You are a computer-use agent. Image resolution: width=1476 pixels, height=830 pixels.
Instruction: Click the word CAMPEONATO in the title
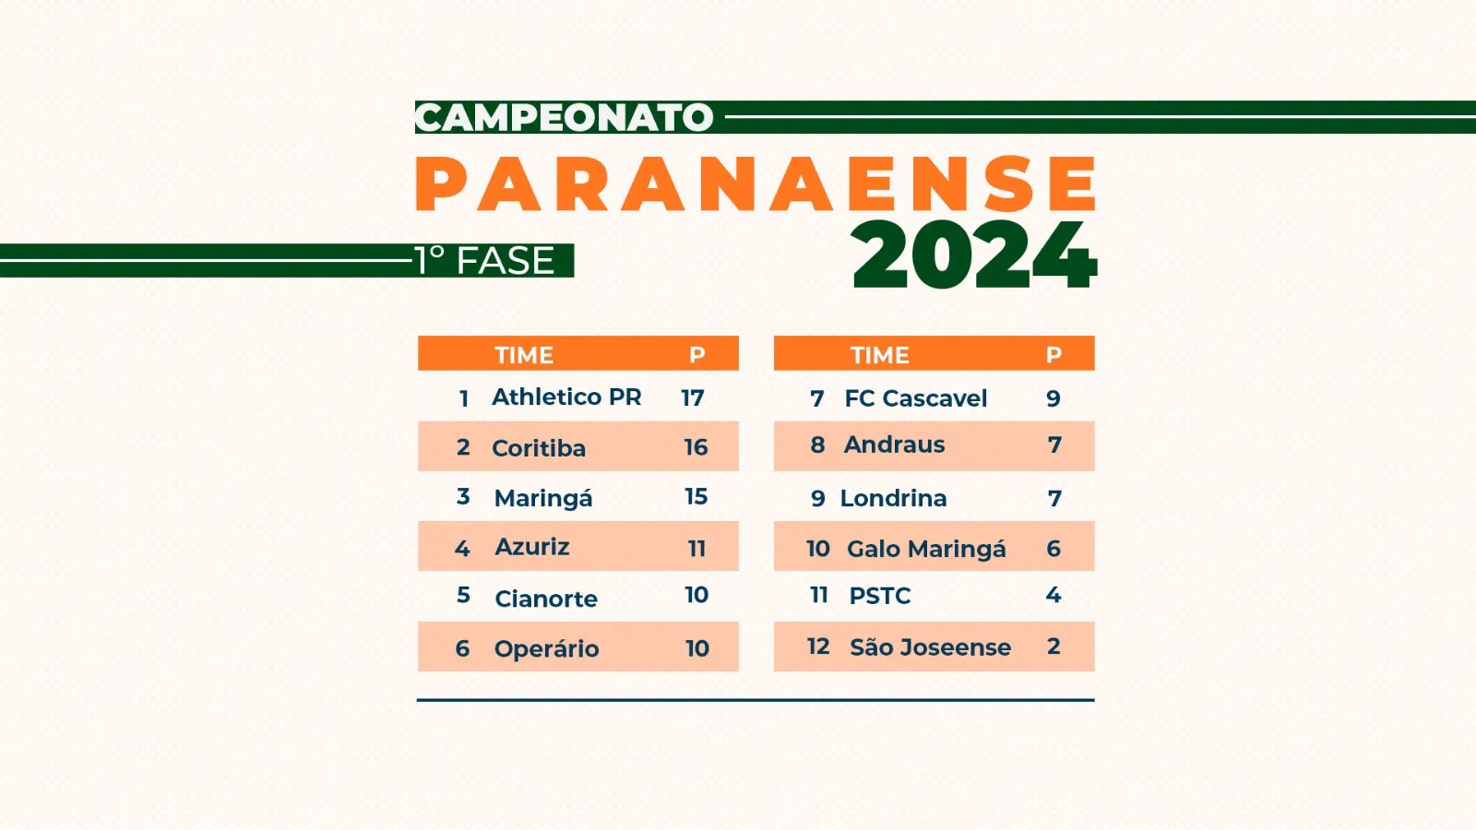564,117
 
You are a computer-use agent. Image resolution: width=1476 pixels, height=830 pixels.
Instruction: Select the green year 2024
974,255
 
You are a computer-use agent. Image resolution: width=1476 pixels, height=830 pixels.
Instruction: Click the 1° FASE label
485,260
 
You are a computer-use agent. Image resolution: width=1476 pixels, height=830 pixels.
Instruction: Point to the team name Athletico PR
566,397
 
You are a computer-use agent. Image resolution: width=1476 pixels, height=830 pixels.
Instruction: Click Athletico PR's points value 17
693,397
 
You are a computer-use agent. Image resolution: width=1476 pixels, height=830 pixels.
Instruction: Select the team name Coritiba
539,448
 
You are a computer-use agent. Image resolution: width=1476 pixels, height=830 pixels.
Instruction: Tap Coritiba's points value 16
696,447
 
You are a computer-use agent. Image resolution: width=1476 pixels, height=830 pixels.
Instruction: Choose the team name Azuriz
531,547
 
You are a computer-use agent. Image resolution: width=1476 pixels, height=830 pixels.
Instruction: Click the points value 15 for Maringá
696,497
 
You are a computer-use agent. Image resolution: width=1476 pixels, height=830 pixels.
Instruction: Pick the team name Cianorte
546,599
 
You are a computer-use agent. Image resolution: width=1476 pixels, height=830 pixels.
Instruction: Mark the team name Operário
546,649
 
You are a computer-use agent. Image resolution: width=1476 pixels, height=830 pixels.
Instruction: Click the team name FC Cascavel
916,398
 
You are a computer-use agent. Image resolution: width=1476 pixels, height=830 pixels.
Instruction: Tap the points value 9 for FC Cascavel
1053,397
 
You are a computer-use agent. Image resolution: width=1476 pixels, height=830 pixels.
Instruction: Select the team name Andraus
894,445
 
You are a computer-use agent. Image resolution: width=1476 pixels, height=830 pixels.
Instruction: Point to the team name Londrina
893,498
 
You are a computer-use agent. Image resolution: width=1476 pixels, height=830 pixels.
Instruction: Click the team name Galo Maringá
926,549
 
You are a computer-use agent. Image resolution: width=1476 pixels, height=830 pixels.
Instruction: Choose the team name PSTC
880,596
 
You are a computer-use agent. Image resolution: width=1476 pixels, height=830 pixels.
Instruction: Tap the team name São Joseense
930,646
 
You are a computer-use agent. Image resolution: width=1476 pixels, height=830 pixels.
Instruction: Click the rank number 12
818,646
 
